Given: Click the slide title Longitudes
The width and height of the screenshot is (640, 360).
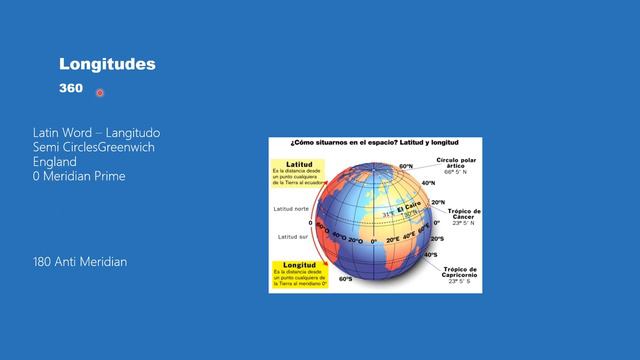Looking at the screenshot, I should click(x=107, y=65).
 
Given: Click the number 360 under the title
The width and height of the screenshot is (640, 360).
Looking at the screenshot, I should click(x=70, y=89).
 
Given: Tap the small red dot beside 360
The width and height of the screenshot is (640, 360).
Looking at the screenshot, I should click(x=100, y=93).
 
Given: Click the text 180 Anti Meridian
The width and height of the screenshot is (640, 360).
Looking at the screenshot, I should click(x=80, y=262).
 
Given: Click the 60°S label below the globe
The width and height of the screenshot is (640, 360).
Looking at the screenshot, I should click(x=345, y=279).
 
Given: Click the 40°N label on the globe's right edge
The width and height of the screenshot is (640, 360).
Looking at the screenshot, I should click(x=428, y=183).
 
